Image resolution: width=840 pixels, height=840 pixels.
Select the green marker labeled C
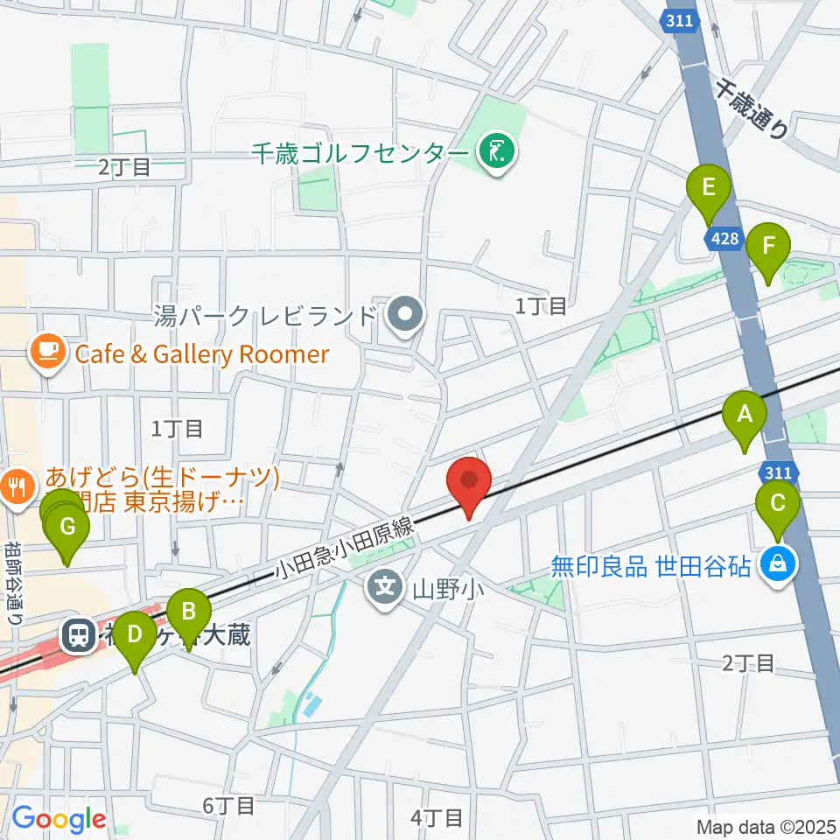778,505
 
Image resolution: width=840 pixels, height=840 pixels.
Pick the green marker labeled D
135,633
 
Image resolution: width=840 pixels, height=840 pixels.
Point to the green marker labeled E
710,187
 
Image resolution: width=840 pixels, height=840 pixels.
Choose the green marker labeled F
768,246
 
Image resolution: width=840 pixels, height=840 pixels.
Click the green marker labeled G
66,528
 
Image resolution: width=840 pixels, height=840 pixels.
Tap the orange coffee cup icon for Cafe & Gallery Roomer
46,353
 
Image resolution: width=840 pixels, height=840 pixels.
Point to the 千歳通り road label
752,108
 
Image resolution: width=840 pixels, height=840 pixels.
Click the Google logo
58,819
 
